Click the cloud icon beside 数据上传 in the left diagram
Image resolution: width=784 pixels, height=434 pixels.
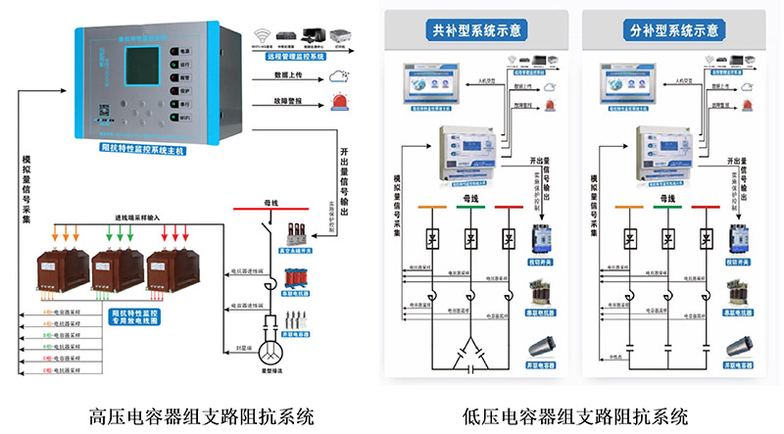tap(339, 74)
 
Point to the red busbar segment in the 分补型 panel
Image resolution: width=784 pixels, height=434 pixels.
tap(704, 207)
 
